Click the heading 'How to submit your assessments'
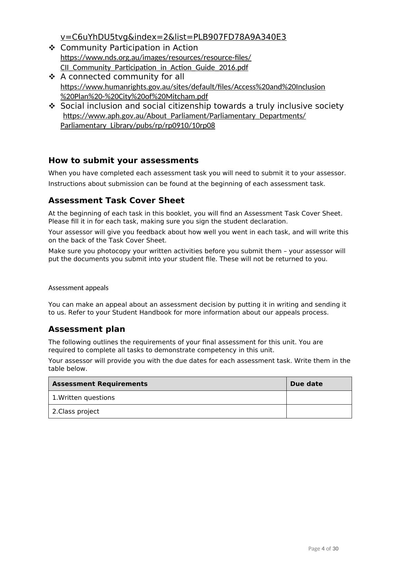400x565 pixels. click(x=123, y=160)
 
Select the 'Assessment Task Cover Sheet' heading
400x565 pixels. click(x=116, y=200)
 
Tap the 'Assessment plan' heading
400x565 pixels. click(x=87, y=329)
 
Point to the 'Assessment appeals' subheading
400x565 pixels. click(x=78, y=288)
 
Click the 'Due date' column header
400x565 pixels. click(x=306, y=384)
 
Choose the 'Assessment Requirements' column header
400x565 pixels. click(x=100, y=384)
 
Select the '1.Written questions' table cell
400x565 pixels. click(x=84, y=398)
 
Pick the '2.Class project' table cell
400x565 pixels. click(x=76, y=412)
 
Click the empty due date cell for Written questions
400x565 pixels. click(x=319, y=398)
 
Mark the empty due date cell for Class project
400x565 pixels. click(x=319, y=412)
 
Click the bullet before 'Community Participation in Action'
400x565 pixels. click(x=52, y=48)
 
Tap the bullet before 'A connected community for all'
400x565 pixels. click(x=52, y=77)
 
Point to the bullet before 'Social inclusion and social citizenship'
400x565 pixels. click(x=52, y=106)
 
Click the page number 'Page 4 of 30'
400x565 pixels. click(x=323, y=548)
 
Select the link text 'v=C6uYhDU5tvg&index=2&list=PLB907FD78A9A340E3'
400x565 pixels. click(x=173, y=37)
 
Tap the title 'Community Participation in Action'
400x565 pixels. click(x=129, y=48)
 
